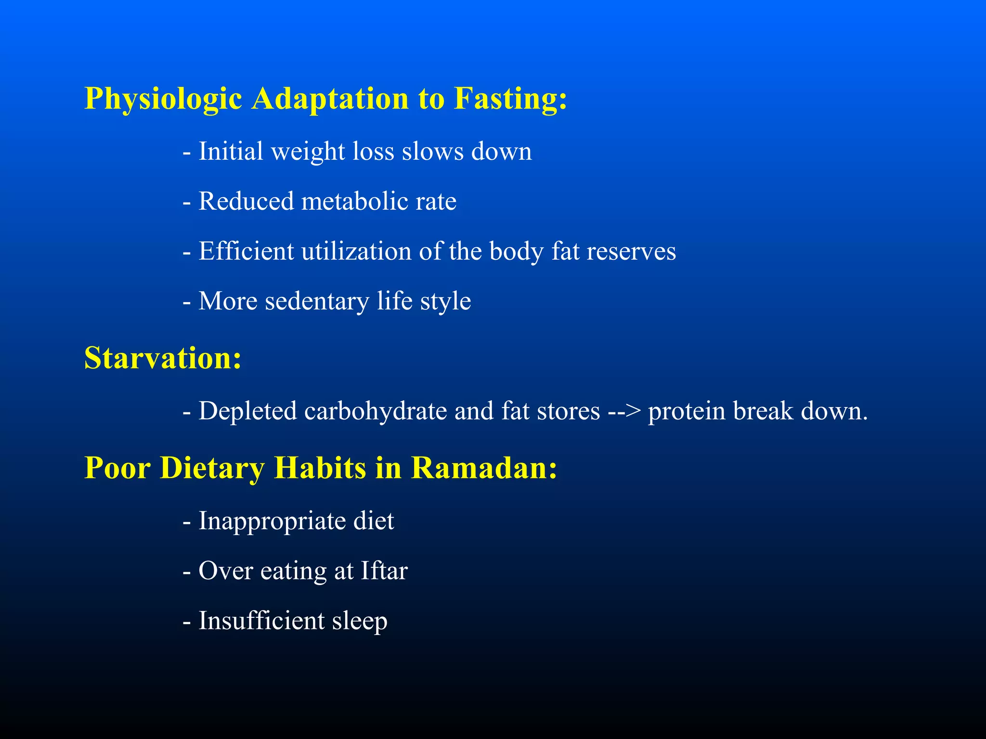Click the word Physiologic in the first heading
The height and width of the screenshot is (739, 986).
tap(163, 100)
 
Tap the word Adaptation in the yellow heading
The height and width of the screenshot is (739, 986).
tap(330, 99)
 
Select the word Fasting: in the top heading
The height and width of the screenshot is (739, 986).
tap(510, 100)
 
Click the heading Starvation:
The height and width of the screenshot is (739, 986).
tap(163, 358)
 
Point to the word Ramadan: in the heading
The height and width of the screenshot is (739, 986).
tap(484, 468)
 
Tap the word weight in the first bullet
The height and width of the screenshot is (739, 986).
tap(308, 152)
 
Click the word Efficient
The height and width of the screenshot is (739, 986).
tap(246, 251)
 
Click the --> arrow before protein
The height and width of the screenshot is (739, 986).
tap(624, 411)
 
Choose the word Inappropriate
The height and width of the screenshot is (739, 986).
tap(272, 522)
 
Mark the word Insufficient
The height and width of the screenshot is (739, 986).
tap(261, 621)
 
